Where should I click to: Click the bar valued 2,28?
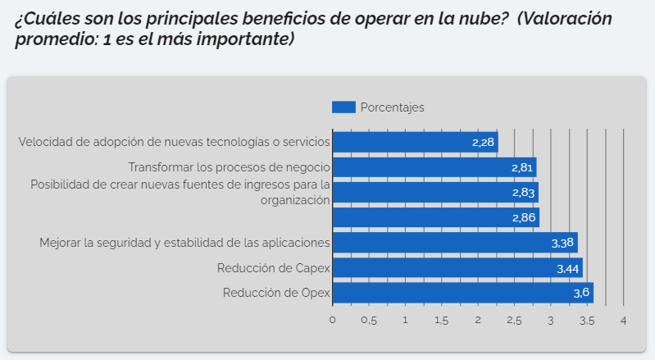tap(414, 142)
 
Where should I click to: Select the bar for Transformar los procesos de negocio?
tap(434, 167)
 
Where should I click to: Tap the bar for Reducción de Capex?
tap(457, 268)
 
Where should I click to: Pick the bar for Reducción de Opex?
tap(462, 293)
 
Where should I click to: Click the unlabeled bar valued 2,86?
tap(435, 217)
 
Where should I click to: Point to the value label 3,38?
tap(562, 244)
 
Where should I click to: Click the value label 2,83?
tap(522, 193)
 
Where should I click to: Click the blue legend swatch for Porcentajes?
tap(343, 107)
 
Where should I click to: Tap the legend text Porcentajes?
tap(392, 107)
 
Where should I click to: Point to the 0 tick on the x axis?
tap(333, 320)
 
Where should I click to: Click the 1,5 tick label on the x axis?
tap(441, 320)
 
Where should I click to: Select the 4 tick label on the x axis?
tap(624, 320)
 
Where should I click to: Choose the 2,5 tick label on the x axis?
tap(514, 320)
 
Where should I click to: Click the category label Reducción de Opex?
tap(276, 293)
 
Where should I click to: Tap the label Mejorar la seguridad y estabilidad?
tap(184, 243)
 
